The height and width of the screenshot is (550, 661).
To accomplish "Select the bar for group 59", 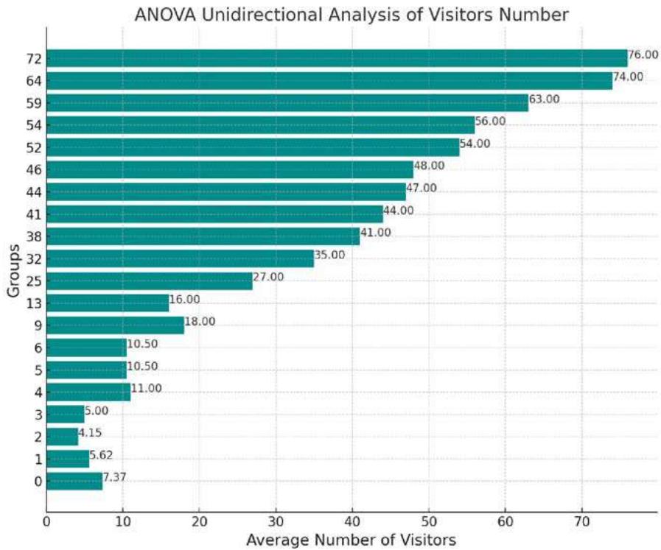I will (287, 102).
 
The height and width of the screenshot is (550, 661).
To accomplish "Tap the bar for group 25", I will (150, 281).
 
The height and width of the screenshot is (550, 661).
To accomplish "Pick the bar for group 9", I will (115, 325).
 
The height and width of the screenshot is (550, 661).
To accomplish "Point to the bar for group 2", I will (62, 437).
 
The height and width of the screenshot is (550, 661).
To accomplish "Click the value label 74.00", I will (628, 77).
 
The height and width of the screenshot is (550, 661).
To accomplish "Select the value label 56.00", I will (490, 121).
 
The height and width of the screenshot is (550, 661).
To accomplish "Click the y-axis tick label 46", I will (33, 169).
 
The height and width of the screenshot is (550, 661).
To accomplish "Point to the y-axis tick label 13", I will (33, 303).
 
